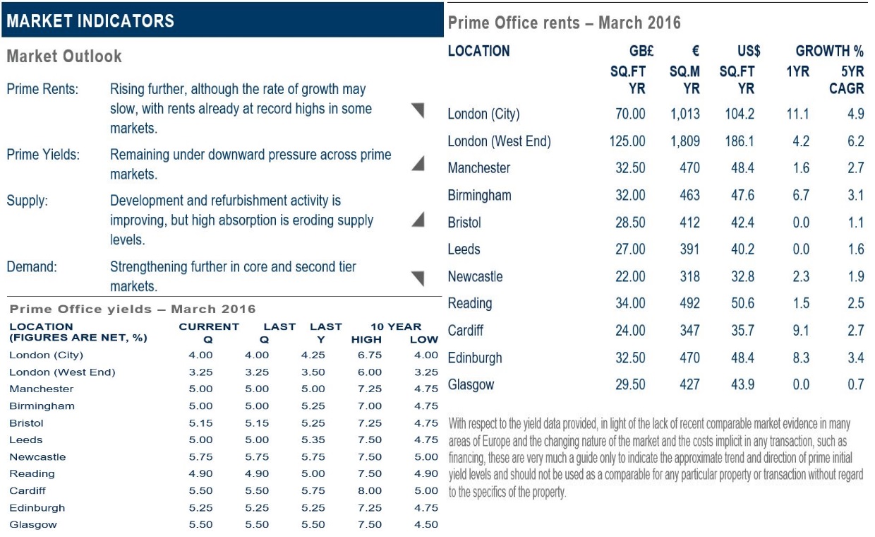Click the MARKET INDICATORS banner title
point(90,21)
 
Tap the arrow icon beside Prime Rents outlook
point(418,110)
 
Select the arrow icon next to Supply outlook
point(418,220)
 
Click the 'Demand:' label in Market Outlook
point(32,267)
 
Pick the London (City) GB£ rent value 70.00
point(630,114)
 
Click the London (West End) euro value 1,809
point(684,141)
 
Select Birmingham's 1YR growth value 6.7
point(800,195)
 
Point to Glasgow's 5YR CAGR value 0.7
point(855,384)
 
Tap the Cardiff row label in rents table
point(465,331)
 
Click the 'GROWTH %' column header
point(829,51)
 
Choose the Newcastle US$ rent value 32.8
point(742,276)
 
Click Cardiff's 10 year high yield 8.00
point(370,491)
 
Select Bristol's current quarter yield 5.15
point(201,423)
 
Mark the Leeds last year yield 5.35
point(313,440)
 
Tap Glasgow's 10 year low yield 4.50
point(426,524)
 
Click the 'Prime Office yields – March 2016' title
point(133,309)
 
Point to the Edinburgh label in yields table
point(37,508)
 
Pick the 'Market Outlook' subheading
point(64,56)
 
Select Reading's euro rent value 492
point(689,304)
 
